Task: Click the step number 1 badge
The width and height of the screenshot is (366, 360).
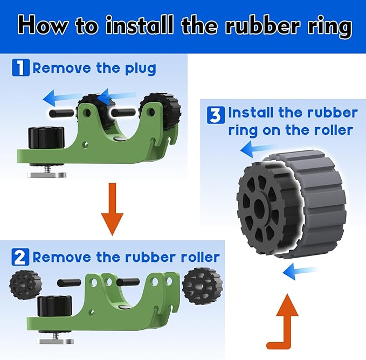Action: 21,67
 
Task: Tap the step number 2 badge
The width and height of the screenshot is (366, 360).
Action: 20,257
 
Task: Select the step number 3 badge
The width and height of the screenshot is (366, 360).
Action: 216,115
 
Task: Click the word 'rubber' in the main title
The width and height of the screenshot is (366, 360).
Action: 262,25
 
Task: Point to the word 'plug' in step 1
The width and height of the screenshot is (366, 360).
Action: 141,69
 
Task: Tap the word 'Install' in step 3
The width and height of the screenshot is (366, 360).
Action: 251,113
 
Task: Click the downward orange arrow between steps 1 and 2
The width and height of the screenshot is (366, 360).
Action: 112,209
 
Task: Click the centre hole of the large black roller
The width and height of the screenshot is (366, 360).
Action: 259,207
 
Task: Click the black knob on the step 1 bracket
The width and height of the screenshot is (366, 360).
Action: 46,137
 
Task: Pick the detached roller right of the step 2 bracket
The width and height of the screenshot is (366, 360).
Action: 202,286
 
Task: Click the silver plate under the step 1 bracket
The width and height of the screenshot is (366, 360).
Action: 47,175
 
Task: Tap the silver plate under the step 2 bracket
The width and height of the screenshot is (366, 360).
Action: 56,341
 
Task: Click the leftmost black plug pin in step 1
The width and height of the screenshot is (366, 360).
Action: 61,114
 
